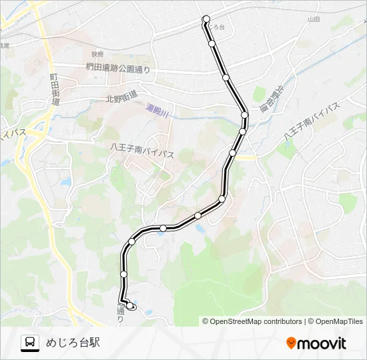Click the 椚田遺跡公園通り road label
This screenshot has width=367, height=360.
118,67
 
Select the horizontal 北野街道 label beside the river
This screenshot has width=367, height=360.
121,97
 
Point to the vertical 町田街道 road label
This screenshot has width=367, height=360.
54,90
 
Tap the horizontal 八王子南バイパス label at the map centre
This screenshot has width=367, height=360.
142,153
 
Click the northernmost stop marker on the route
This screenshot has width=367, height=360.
206,19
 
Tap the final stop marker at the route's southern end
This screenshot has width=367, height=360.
131,306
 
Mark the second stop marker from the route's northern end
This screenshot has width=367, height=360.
212,43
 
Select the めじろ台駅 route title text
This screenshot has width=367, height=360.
73,343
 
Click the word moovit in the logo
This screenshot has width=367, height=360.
322,343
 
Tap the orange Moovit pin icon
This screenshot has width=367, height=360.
291,343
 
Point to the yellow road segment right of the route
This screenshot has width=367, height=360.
247,157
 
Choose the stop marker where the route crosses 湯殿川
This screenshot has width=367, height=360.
244,115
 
